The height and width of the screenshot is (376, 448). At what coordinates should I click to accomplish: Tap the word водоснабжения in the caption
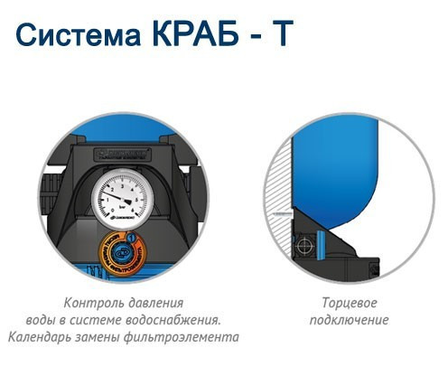176,320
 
